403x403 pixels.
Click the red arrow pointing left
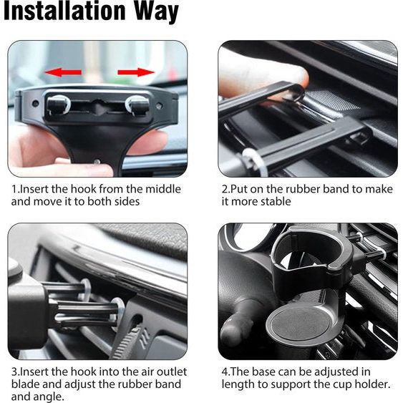coord(63,72)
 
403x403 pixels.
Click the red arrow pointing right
coord(136,72)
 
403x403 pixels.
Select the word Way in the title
coord(157,12)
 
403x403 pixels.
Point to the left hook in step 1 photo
coord(59,105)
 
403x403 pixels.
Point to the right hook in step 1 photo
coord(137,105)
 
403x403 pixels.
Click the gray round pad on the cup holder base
coord(301,323)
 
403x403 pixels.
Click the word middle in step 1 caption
coord(163,189)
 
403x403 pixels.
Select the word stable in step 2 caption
coord(276,202)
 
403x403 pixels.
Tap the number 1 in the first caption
coord(14,189)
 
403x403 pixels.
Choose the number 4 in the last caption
coord(225,372)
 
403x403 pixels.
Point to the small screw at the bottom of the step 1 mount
coord(97,162)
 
